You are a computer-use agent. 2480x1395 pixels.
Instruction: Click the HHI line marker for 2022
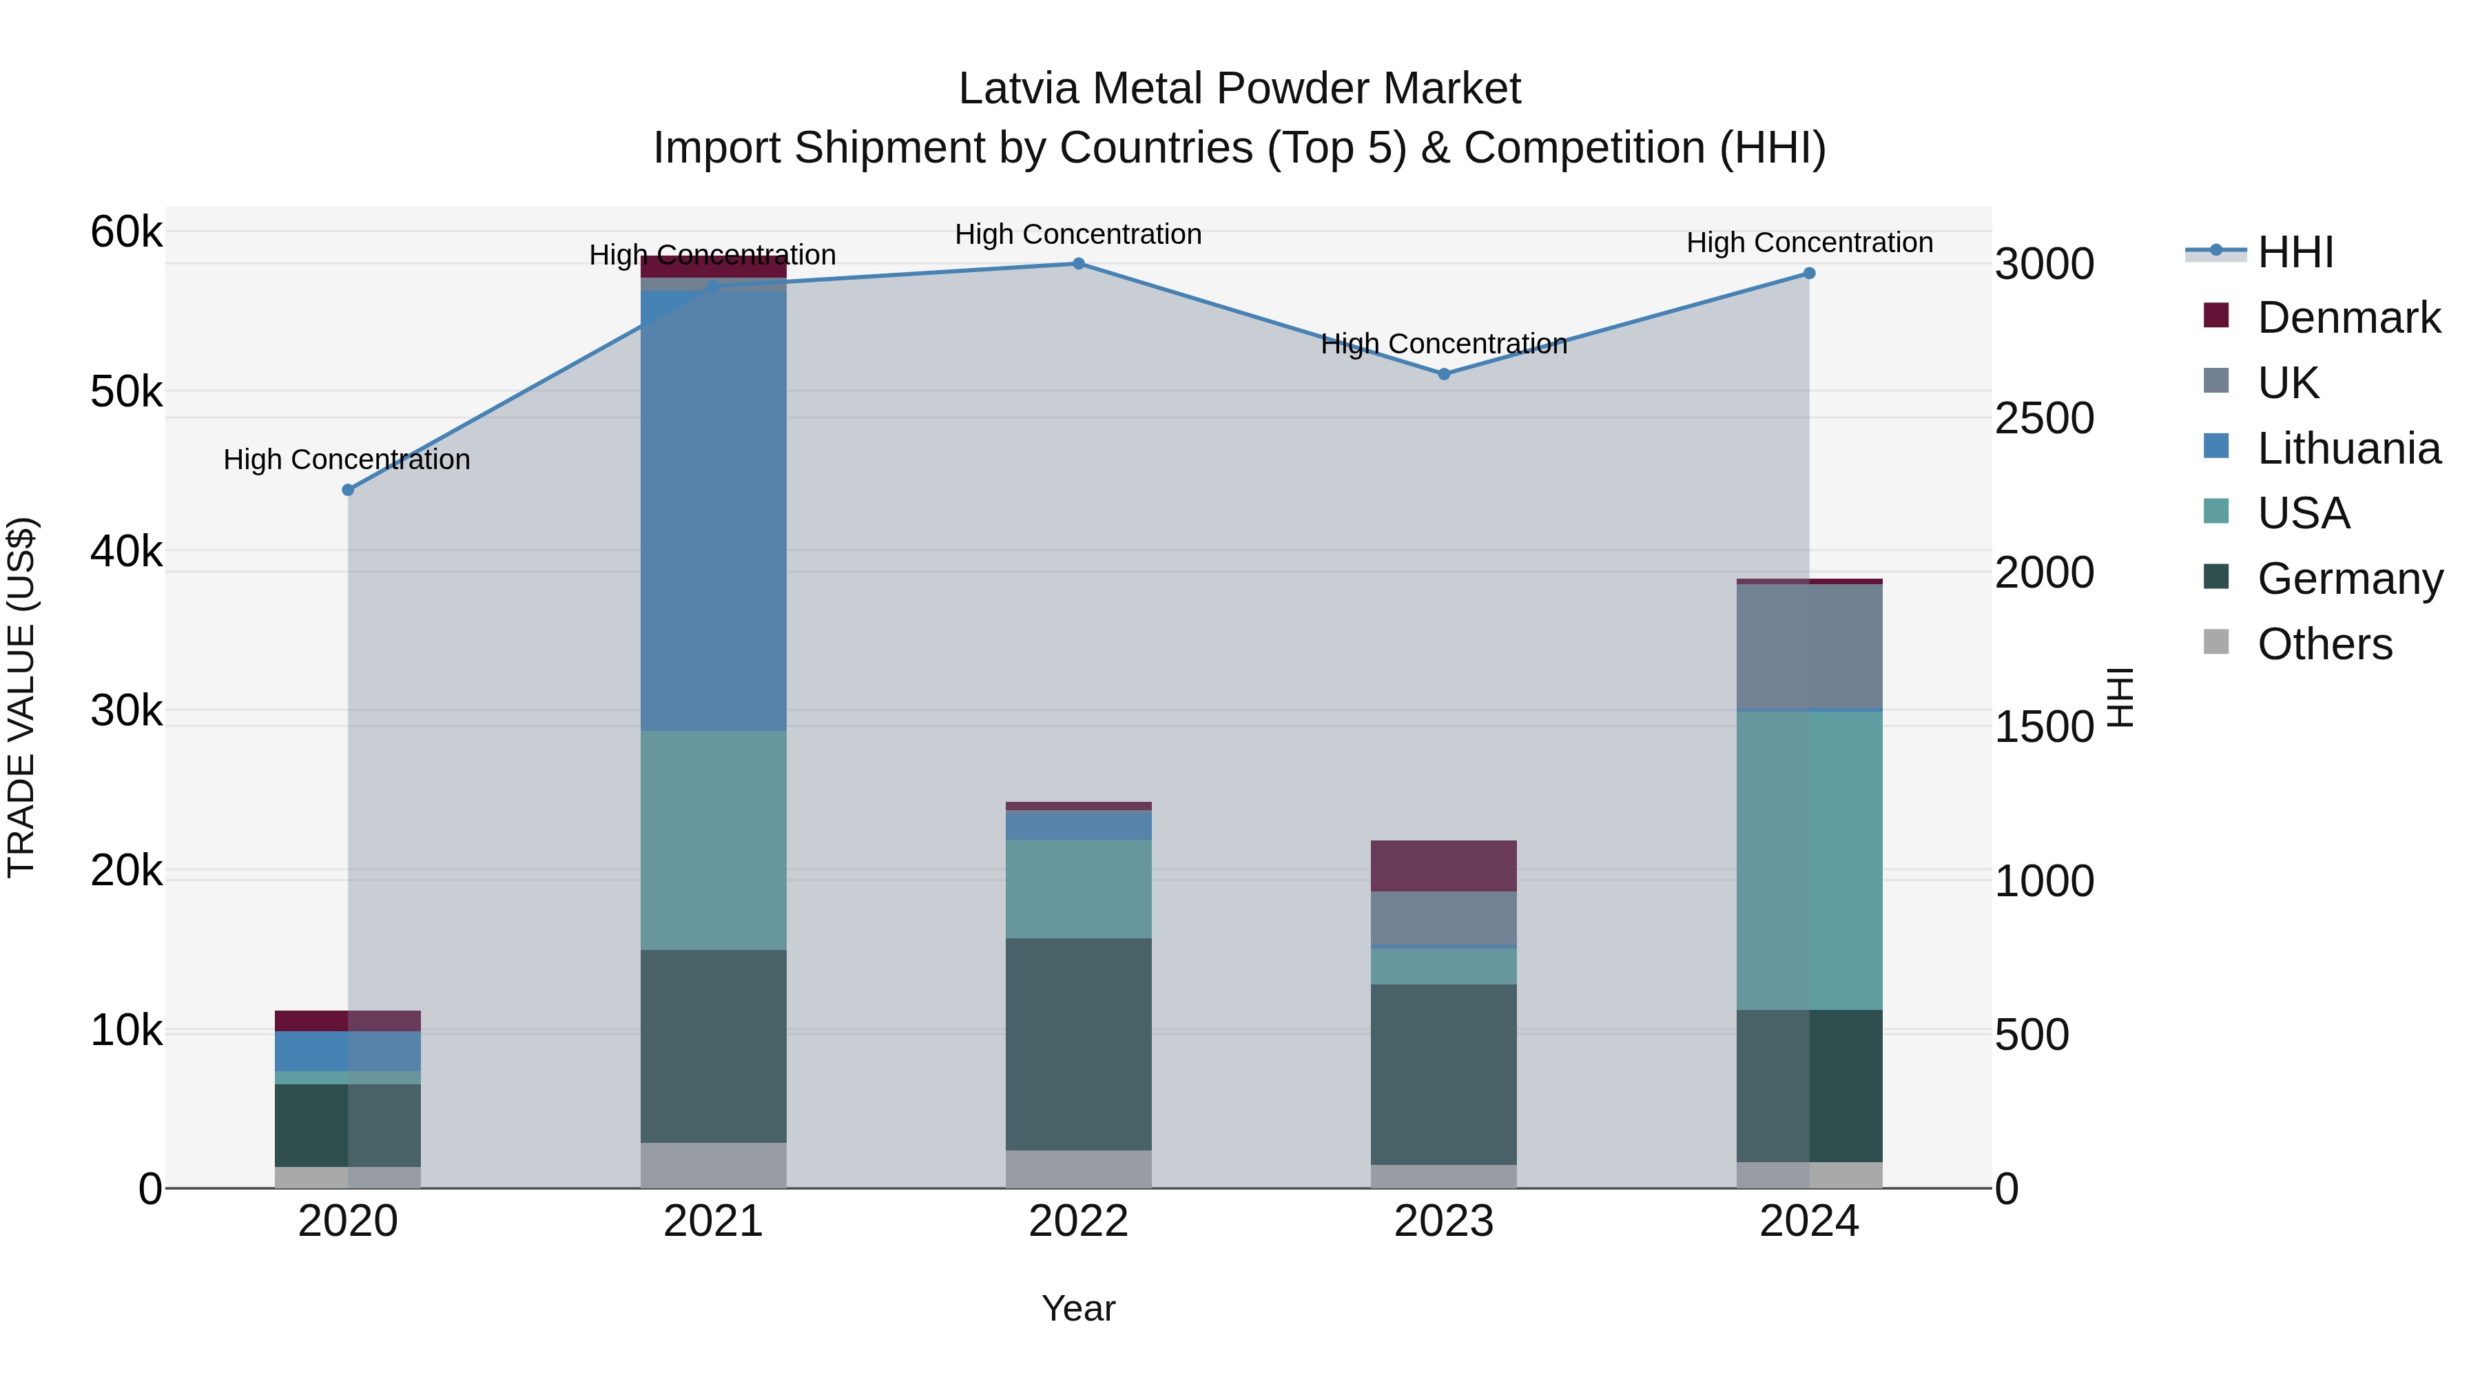pos(1078,264)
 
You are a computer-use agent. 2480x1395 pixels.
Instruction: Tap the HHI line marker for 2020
pos(349,490)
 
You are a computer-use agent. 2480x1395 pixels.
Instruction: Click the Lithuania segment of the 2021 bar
pos(714,510)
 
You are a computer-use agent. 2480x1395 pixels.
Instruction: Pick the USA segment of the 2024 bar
pos(1809,860)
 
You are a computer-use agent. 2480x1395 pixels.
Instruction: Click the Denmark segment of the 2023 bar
pos(1444,865)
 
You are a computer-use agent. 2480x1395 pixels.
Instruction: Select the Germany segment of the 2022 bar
pos(1078,1044)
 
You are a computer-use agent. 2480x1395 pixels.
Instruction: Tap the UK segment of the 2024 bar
pos(1809,646)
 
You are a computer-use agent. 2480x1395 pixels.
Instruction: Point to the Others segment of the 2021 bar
pos(714,1166)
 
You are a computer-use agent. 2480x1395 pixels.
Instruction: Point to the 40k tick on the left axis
pos(126,552)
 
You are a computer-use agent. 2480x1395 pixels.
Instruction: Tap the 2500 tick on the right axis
pos(2044,419)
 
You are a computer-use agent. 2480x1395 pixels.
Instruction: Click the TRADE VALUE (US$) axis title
pos(21,697)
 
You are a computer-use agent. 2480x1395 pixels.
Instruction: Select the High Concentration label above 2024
pos(1809,242)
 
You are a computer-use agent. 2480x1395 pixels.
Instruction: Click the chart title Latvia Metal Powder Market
pos(1239,89)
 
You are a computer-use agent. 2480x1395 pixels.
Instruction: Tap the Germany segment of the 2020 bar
pos(348,1126)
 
